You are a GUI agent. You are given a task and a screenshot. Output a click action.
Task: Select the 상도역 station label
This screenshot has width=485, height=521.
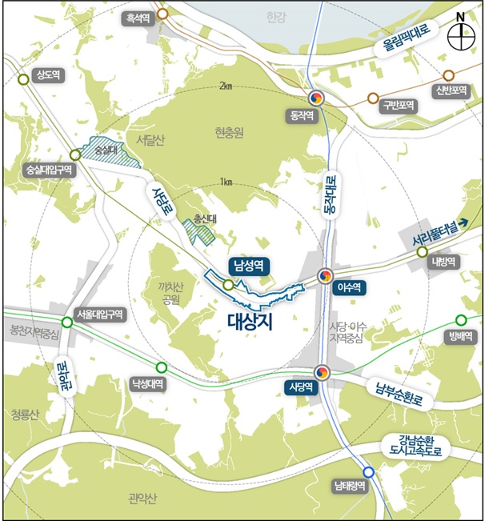click(x=46, y=74)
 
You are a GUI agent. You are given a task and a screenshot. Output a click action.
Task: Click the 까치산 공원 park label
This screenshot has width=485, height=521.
click(x=170, y=294)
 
